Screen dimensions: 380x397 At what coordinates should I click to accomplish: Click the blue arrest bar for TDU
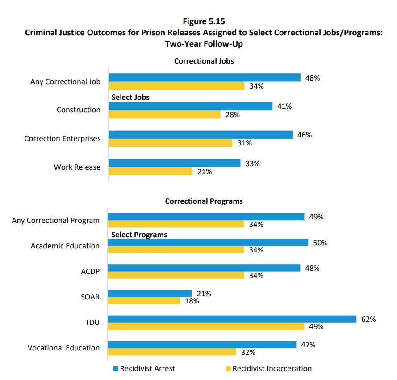point(232,319)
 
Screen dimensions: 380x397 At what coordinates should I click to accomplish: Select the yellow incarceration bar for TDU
point(206,327)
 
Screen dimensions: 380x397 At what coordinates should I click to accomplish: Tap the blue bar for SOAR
point(150,293)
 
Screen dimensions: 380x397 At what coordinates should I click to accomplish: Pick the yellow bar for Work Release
point(150,171)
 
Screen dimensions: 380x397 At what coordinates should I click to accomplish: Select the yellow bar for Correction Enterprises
point(171,143)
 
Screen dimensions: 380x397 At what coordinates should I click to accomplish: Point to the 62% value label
point(368,319)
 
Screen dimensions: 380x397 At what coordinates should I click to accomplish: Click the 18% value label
point(192,301)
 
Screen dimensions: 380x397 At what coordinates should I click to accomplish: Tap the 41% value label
point(284,107)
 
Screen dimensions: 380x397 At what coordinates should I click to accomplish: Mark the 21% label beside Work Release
point(205,171)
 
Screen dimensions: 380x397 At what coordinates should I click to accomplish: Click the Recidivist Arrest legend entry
point(144,368)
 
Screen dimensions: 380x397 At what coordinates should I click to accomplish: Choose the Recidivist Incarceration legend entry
point(268,368)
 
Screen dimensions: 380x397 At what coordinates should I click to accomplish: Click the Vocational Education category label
point(63,348)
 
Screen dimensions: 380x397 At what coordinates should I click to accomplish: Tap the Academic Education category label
point(65,246)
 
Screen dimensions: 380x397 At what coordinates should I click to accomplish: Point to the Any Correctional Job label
point(65,81)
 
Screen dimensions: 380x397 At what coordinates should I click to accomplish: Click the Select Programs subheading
point(139,235)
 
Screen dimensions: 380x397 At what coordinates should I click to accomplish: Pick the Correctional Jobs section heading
point(204,61)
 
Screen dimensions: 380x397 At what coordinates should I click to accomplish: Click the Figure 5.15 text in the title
point(204,21)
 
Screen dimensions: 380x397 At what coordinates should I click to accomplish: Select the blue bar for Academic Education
point(208,242)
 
